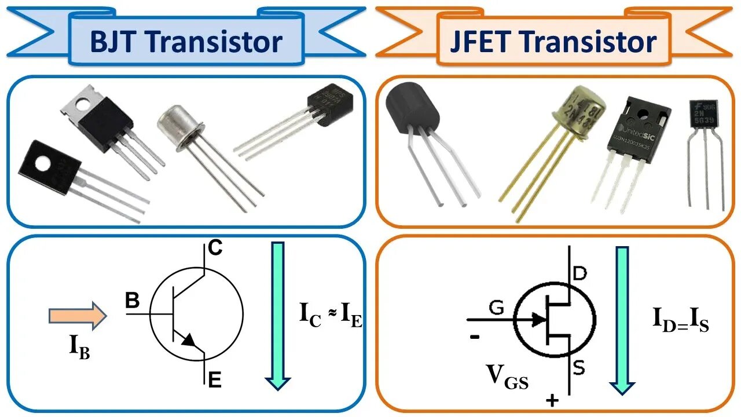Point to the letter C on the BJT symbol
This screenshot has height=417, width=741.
pos(215,248)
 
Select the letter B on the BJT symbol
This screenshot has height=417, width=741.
pos(133,300)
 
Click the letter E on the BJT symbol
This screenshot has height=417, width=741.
pos(215,380)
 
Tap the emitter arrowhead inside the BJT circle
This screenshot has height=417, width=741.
pos(189,341)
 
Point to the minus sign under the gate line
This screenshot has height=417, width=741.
pos(475,336)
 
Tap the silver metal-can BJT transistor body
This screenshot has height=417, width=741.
pos(180,125)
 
